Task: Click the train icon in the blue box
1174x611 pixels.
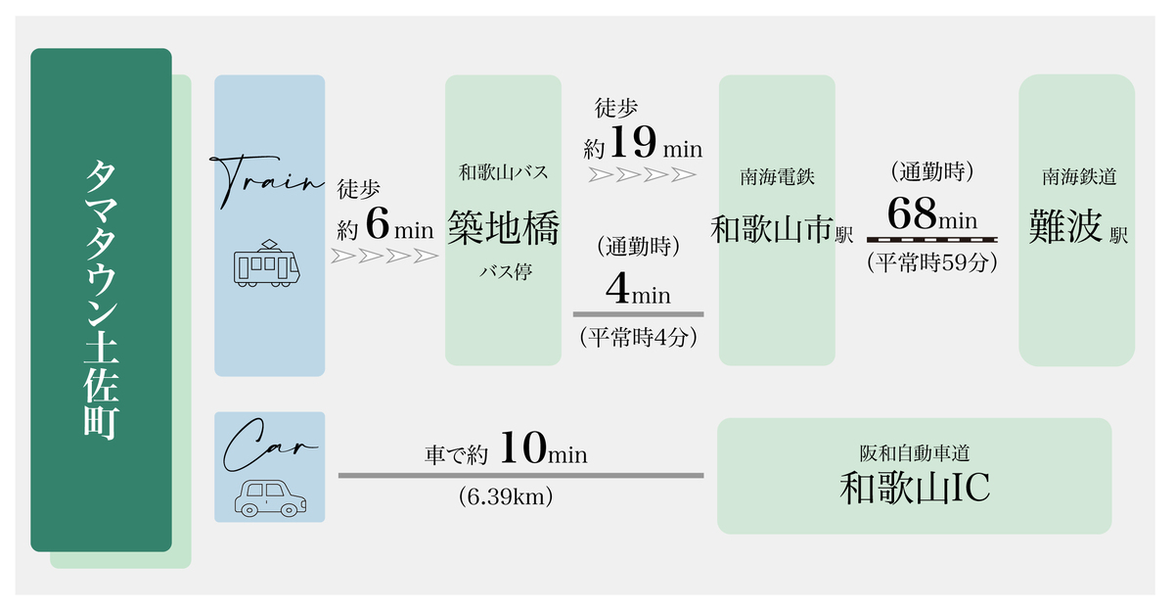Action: [267, 263]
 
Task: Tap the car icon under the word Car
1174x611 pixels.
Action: [270, 498]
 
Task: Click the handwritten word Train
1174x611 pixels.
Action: [267, 181]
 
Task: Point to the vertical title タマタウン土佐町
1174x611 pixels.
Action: [101, 300]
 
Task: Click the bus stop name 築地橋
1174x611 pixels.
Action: [503, 227]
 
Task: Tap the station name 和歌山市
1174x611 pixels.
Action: [772, 230]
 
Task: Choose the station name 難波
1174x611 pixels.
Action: [1065, 227]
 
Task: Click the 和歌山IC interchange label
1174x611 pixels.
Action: [915, 488]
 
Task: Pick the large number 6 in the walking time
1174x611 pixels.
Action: [378, 224]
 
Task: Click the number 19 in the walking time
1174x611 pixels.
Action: [633, 142]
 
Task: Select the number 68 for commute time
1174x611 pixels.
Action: [912, 213]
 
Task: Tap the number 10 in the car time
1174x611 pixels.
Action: [523, 447]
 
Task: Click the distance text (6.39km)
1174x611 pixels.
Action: [506, 496]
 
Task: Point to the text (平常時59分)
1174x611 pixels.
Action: [931, 262]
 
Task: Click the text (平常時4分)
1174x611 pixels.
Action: [638, 337]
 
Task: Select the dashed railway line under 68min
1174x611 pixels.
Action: [931, 240]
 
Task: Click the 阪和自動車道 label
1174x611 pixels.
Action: [915, 453]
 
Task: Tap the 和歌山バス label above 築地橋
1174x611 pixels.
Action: [503, 172]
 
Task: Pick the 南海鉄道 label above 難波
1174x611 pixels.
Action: [1079, 176]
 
